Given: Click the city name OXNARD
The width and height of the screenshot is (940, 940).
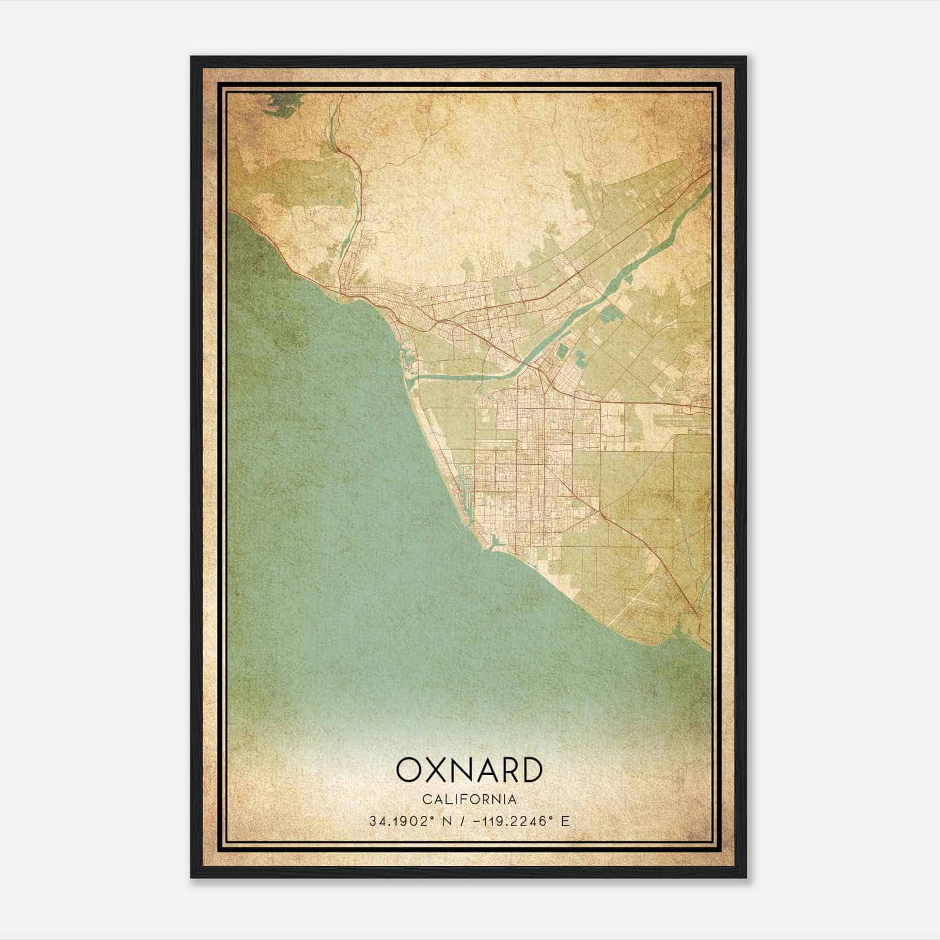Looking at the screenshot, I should (469, 770).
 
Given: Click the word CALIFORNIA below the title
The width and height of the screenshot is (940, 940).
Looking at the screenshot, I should (469, 800).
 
